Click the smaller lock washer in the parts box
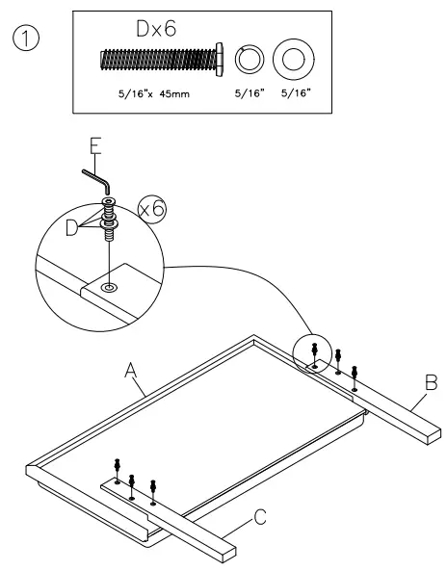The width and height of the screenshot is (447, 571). coord(249,60)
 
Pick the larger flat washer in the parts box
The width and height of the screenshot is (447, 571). coord(291,60)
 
